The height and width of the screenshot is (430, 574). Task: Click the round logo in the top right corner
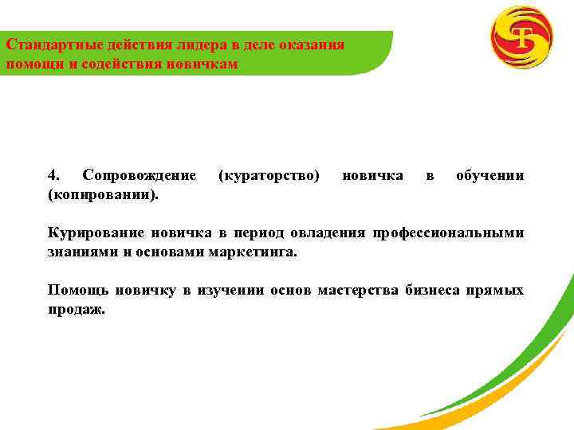tap(521, 37)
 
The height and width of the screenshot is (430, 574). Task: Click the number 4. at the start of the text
tap(55, 175)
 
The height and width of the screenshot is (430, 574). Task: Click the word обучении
tap(489, 175)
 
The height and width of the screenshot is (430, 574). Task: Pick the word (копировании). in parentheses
tap(103, 194)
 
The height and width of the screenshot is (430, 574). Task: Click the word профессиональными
tap(457, 233)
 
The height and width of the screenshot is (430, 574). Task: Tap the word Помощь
tap(77, 291)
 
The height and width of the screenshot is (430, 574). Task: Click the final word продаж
tap(77, 310)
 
